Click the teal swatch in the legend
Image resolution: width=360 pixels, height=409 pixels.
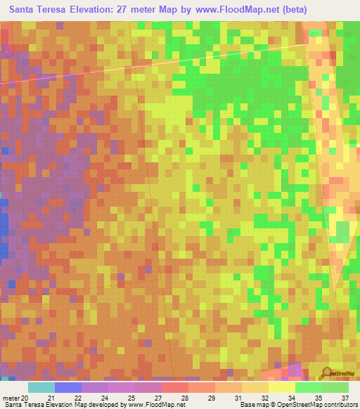(x=41, y=387)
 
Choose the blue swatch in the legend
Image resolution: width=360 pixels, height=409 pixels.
(x=68, y=387)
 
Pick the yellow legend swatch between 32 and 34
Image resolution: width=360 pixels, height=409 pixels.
(x=282, y=387)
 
